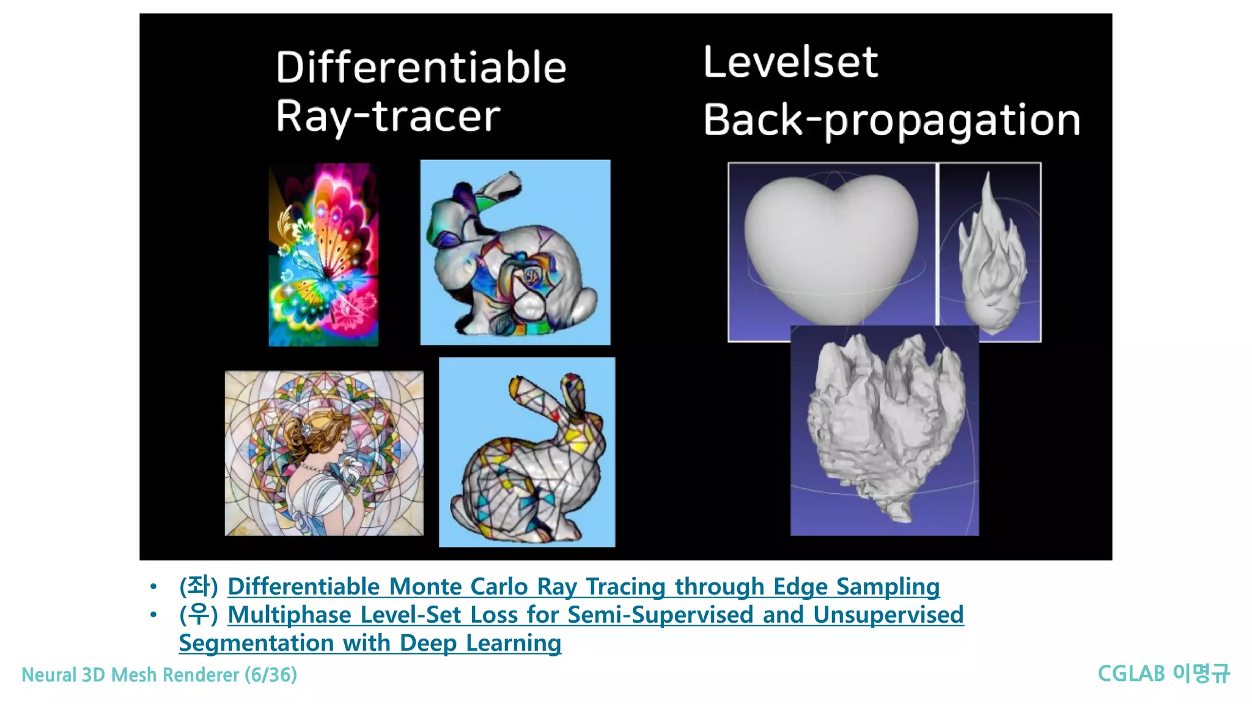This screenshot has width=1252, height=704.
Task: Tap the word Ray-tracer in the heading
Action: click(x=388, y=116)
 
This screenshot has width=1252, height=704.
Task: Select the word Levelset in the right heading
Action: click(x=790, y=62)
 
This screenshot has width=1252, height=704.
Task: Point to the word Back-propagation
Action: click(x=891, y=120)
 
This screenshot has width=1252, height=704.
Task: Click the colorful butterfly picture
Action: click(x=323, y=255)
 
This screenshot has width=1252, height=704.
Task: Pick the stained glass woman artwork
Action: click(x=324, y=453)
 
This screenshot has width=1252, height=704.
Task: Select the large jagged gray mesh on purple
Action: click(x=884, y=431)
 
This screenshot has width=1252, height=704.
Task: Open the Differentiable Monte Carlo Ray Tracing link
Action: click(x=583, y=587)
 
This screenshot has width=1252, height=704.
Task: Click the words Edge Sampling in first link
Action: click(x=856, y=587)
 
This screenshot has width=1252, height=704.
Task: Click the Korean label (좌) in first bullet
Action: click(x=198, y=587)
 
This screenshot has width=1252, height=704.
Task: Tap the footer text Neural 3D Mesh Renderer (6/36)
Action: click(x=159, y=675)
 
